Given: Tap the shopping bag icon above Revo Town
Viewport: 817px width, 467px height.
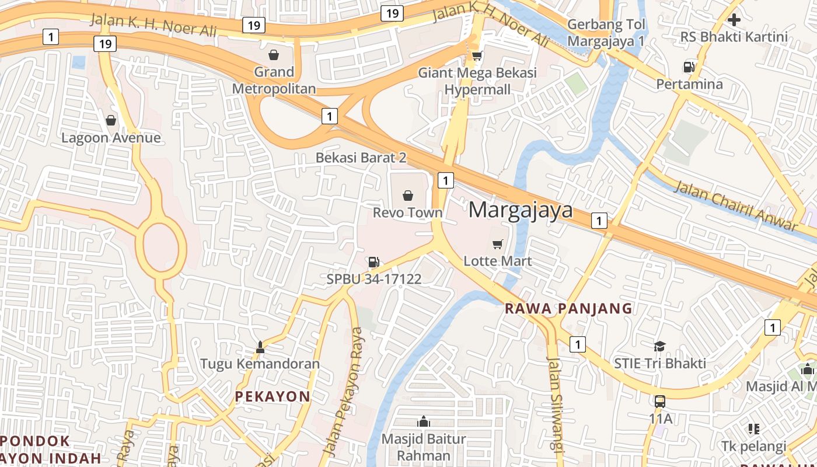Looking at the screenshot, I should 408,195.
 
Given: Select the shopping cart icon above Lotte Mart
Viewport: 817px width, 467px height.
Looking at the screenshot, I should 497,244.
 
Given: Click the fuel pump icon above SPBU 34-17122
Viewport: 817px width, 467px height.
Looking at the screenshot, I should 374,262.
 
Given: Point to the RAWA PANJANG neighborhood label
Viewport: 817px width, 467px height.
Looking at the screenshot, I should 568,308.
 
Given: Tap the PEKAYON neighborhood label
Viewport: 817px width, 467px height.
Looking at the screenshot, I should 273,396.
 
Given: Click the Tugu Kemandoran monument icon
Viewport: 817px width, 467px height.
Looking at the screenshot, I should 260,347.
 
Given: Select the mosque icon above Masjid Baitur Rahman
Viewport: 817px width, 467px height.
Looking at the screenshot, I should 424,421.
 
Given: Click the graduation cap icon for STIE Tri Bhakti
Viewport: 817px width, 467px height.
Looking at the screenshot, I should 659,346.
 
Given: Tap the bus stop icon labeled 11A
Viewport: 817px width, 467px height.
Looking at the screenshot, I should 660,402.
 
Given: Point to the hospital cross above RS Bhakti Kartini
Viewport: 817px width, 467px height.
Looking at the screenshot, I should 734,20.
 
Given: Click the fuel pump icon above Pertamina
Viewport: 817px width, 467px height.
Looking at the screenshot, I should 689,67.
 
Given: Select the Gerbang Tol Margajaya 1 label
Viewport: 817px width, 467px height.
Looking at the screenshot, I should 606,33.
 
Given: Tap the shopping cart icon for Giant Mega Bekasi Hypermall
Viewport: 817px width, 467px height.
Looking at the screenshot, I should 477,56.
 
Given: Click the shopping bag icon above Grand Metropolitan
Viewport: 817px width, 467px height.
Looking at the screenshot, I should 274,55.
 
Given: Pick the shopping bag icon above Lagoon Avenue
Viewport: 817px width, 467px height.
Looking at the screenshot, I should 111,121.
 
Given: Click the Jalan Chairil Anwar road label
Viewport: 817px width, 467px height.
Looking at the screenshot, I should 736,205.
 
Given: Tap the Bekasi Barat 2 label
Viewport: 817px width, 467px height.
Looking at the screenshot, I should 361,158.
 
